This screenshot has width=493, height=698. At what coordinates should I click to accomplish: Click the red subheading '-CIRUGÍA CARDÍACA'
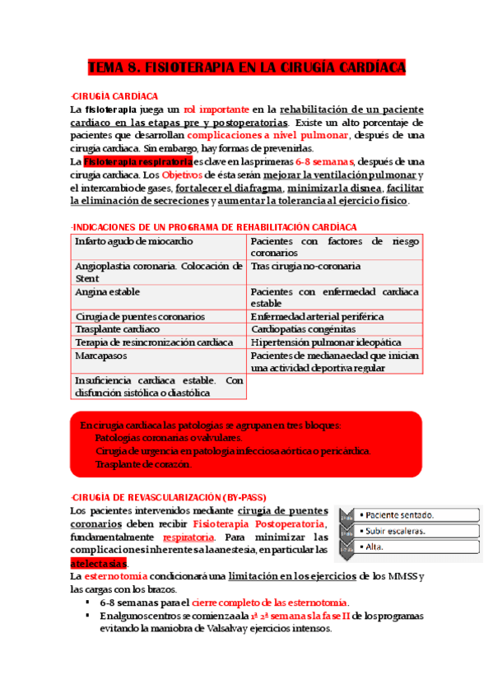coord(114,96)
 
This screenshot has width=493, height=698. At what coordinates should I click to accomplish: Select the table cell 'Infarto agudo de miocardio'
coord(133,241)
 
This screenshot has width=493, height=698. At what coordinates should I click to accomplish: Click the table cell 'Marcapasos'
coord(97,356)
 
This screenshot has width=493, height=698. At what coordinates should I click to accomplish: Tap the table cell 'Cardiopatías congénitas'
coord(303,328)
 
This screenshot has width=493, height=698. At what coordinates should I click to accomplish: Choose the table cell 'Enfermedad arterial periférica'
coord(317,316)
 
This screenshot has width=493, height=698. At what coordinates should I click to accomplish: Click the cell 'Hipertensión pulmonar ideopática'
coord(325,342)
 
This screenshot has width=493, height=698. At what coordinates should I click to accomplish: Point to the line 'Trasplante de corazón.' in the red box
coord(143,464)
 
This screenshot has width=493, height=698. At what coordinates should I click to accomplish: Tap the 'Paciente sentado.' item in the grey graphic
coord(399,515)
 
